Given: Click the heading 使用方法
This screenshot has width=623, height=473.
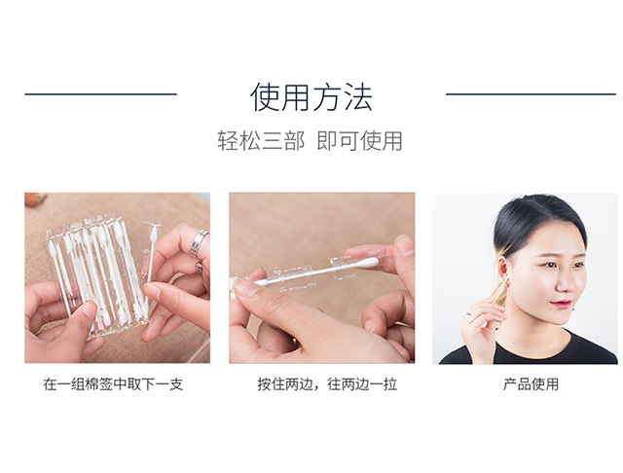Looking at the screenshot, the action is coord(311,97).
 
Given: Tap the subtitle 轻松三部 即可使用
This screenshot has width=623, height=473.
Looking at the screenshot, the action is coord(310,140).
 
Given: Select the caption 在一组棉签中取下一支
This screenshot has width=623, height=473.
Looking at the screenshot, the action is coord(113,384).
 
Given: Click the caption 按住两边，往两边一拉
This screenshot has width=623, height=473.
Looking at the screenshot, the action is coord(327,384).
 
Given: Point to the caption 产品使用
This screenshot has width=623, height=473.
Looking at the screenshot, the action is coord(531,384).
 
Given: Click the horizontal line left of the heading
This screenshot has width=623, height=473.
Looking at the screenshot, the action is coord(101,94).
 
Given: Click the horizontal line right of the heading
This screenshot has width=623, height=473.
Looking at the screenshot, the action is coord(531,94).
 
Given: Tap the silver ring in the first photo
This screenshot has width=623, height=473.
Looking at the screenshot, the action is coord(199,242).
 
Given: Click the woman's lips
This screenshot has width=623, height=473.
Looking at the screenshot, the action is coord(562,304).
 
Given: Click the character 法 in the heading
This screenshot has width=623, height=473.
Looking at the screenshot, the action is coord(358,97).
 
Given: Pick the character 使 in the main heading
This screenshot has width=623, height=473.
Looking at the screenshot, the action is coord(265,97).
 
